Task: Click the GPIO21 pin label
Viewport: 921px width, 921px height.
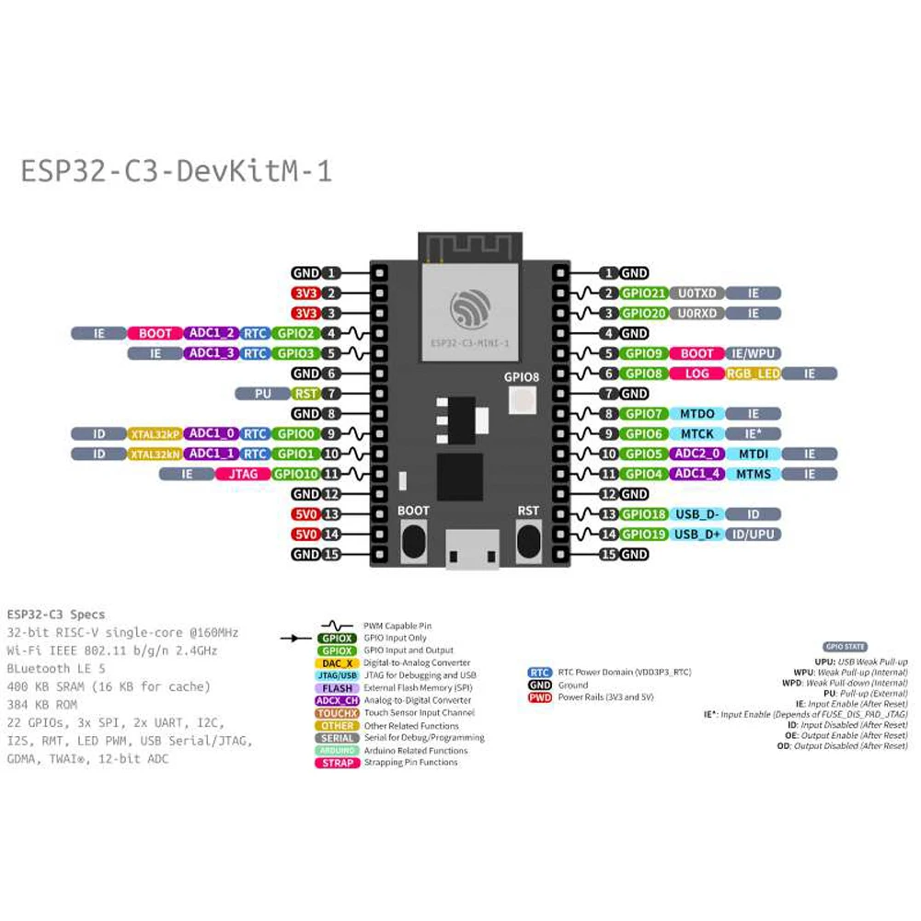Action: (x=643, y=294)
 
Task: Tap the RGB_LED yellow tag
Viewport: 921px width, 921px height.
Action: (x=753, y=374)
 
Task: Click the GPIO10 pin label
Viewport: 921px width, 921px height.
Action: (x=296, y=475)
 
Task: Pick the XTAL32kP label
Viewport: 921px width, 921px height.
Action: (x=153, y=434)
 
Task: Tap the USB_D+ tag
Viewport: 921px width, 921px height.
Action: (x=697, y=535)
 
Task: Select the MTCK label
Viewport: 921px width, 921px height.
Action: (x=697, y=434)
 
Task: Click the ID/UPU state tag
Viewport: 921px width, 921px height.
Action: (x=754, y=535)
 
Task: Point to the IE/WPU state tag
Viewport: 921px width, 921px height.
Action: (x=754, y=353)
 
